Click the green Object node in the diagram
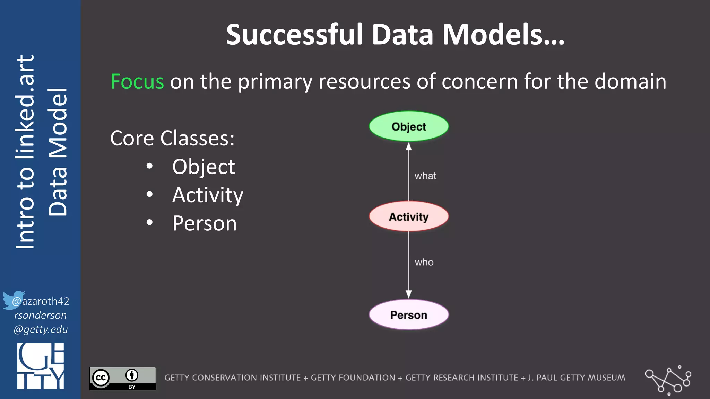tap(408, 126)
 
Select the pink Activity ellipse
tap(408, 216)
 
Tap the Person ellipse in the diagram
tap(408, 314)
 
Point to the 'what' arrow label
tap(425, 176)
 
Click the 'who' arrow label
tap(424, 262)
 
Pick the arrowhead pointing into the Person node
tap(409, 294)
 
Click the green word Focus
tap(137, 82)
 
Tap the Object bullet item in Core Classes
tap(204, 167)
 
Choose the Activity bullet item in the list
tap(208, 195)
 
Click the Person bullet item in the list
tap(205, 223)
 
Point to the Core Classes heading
tap(172, 138)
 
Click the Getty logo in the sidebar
tap(41, 366)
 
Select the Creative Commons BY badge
tap(123, 378)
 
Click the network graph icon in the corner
tap(668, 380)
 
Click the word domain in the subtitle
tap(630, 82)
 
